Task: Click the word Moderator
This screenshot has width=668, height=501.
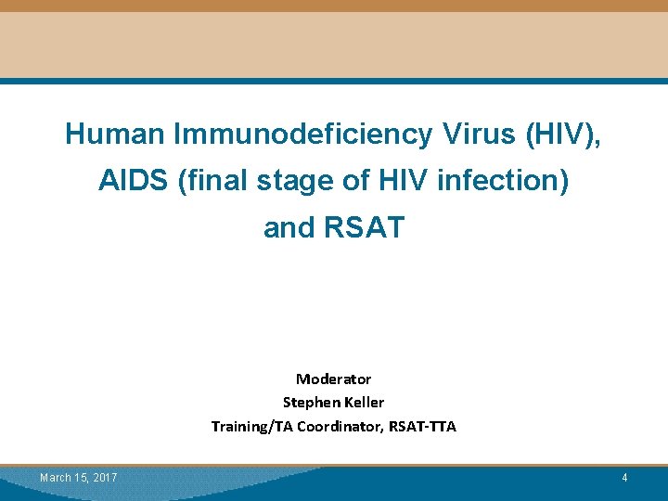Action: (333, 379)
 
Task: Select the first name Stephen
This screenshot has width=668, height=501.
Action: (311, 403)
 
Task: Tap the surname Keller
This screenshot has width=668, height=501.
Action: (365, 403)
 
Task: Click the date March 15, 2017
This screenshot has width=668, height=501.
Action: (78, 478)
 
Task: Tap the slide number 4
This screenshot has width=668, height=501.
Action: (624, 478)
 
